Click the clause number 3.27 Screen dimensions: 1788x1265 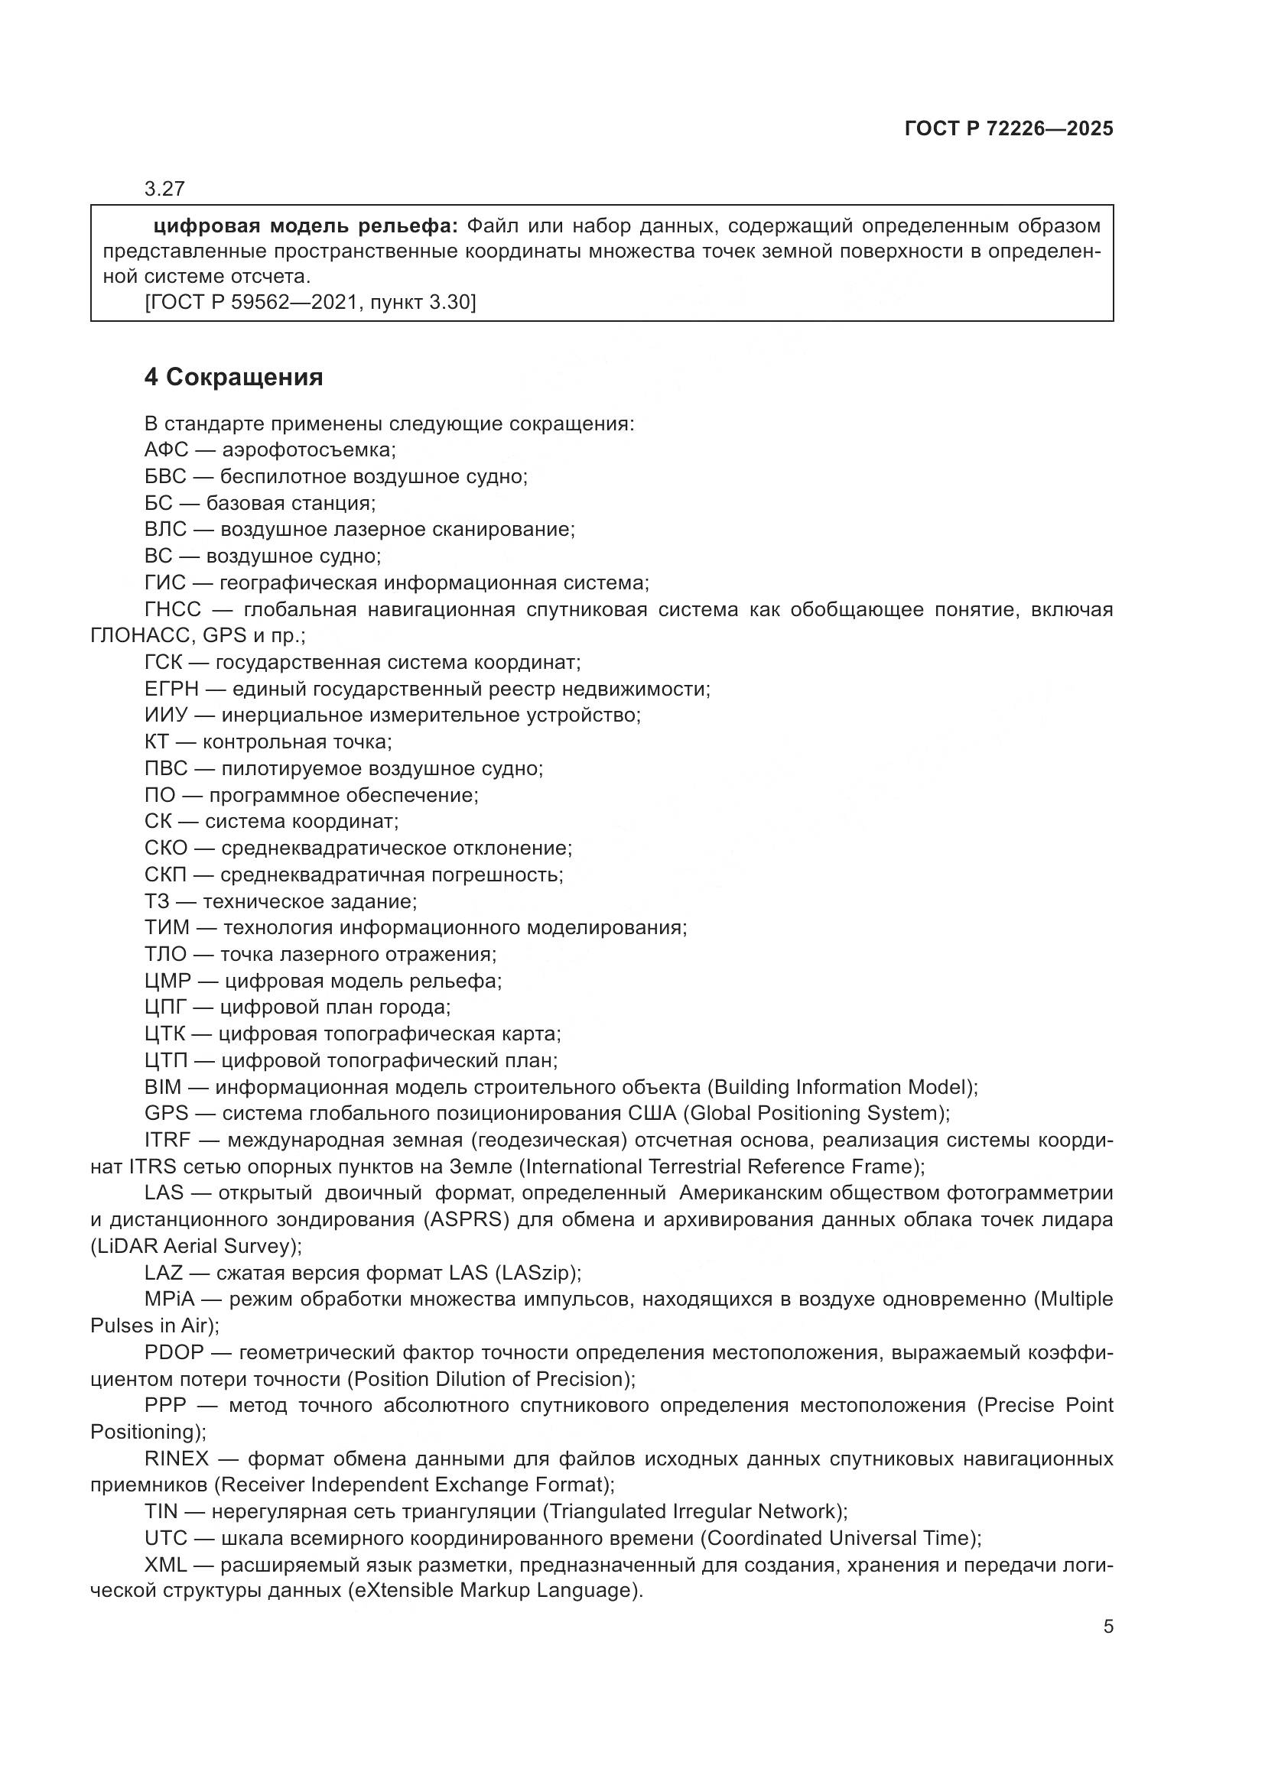pyautogui.click(x=164, y=190)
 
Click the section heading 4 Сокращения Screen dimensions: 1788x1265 pyautogui.click(x=234, y=378)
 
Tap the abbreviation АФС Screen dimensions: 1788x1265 pyautogui.click(x=166, y=450)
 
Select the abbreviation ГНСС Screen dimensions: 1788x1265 pyautogui.click(x=172, y=610)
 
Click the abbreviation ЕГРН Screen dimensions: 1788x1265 pyautogui.click(x=171, y=690)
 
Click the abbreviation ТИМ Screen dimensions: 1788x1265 pyautogui.click(x=167, y=928)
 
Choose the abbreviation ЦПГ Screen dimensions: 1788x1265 pyautogui.click(x=166, y=1008)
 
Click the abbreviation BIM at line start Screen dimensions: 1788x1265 pyautogui.click(x=162, y=1087)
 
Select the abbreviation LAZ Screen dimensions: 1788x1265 pyautogui.click(x=164, y=1274)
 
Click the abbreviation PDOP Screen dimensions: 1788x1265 pyautogui.click(x=174, y=1354)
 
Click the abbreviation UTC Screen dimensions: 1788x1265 pyautogui.click(x=166, y=1539)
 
